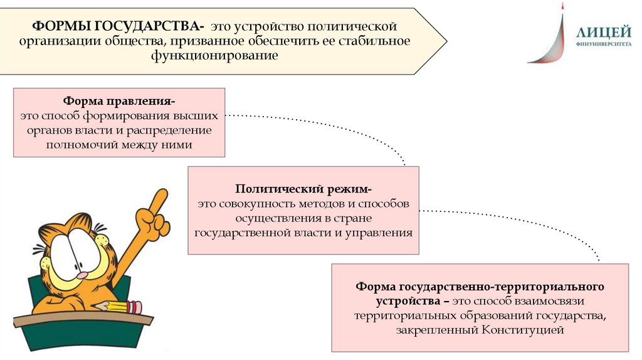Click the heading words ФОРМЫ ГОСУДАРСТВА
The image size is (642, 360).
[117, 28]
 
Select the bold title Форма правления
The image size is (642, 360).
[118, 102]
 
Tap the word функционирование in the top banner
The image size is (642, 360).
[213, 55]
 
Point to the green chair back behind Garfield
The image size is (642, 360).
[125, 285]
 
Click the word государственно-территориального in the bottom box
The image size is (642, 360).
[502, 286]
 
